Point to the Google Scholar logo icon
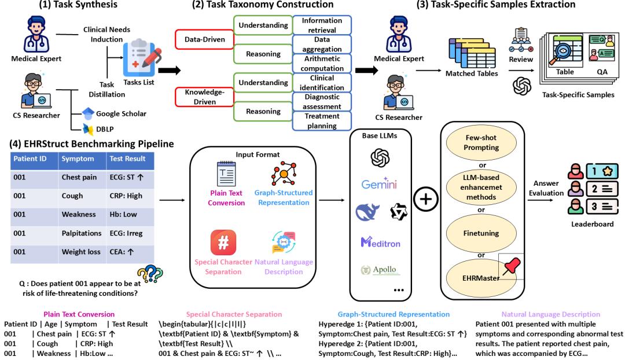tap(87, 113)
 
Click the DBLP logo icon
tap(87, 129)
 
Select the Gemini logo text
tap(380, 184)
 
